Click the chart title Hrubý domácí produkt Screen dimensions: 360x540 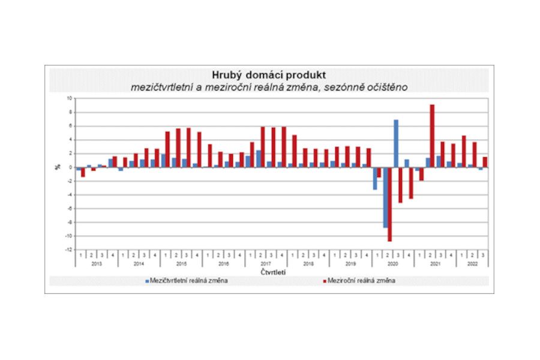click(x=269, y=75)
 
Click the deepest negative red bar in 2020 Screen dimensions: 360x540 click(x=389, y=204)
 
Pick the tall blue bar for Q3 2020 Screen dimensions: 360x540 click(x=396, y=143)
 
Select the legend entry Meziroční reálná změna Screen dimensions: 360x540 click(x=364, y=280)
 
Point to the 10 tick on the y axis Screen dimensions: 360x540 click(x=68, y=98)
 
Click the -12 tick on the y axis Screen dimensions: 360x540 click(x=68, y=250)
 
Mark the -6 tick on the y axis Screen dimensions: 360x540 click(x=68, y=208)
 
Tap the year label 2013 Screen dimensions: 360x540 click(x=95, y=264)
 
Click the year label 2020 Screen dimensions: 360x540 click(x=393, y=264)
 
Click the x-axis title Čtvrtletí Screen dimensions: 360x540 click(x=273, y=272)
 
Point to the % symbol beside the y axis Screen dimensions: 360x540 click(x=58, y=167)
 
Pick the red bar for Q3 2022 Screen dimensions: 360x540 click(x=485, y=162)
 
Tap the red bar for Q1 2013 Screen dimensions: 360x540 click(x=83, y=172)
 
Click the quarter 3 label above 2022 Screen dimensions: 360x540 click(x=483, y=255)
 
